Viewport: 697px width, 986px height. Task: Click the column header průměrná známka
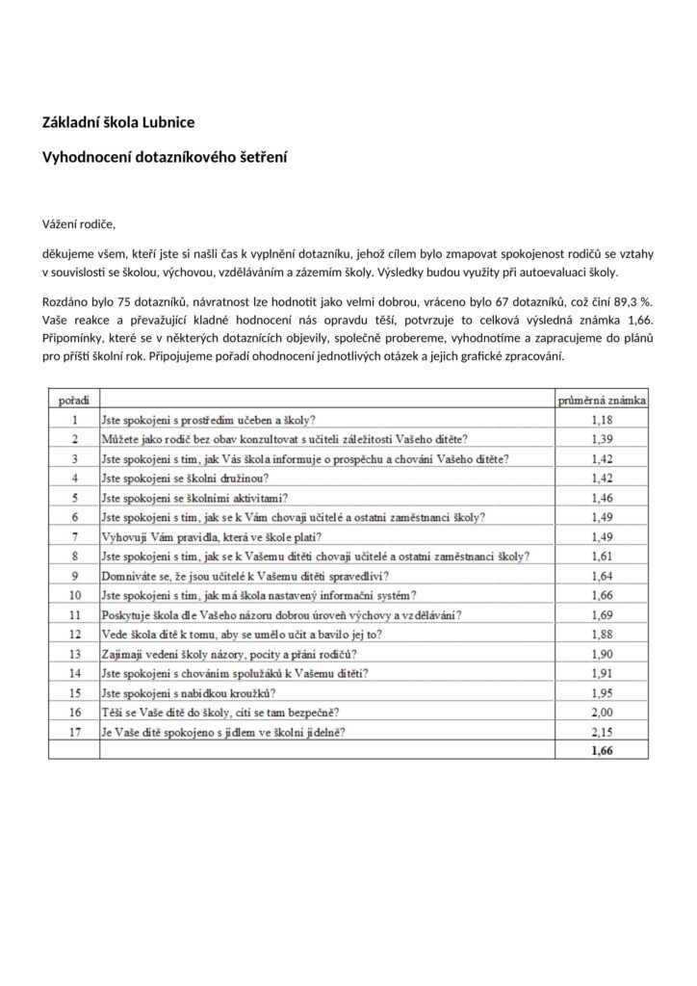[604, 398]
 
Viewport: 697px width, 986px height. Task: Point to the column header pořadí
[74, 398]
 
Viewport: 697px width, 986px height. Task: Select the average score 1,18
[603, 419]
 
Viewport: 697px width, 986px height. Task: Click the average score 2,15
[603, 732]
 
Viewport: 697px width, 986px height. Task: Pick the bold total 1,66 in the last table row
[603, 751]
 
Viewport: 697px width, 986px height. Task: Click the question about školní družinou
[185, 478]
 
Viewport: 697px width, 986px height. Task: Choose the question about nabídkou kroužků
[190, 693]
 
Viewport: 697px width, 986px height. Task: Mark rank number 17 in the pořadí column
[74, 732]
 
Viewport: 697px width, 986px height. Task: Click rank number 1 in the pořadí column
[74, 419]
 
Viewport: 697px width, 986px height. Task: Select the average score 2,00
[603, 713]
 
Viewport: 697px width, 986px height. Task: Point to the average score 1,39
[603, 438]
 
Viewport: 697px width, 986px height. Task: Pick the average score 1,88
[603, 634]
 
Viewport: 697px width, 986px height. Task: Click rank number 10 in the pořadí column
[74, 595]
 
